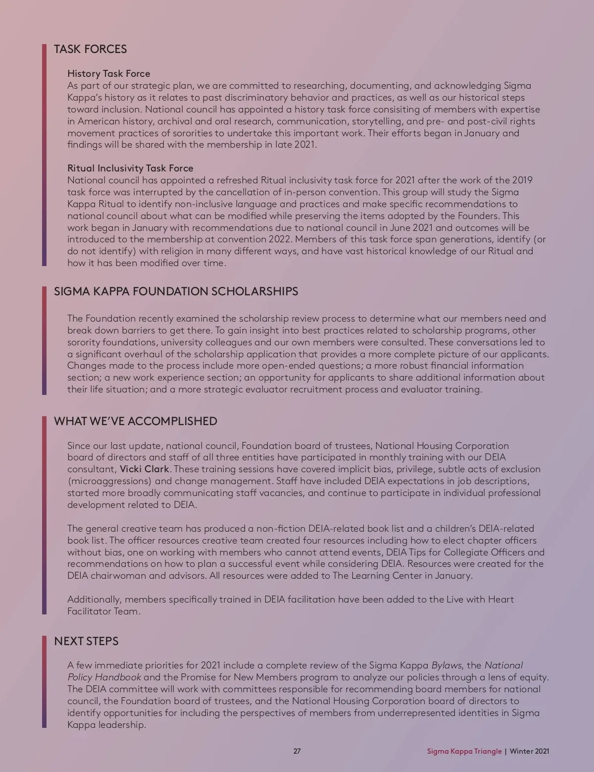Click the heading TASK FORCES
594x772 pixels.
tap(90, 49)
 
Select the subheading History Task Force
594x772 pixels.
tap(108, 74)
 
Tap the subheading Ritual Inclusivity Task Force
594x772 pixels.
tap(130, 168)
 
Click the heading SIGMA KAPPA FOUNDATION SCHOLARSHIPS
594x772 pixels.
tap(176, 291)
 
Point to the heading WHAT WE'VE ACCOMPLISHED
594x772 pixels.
tap(135, 421)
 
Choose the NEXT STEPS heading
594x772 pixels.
tap(86, 641)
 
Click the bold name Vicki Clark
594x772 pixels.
tap(145, 469)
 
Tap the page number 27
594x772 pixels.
tap(297, 751)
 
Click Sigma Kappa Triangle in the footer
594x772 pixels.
tap(464, 751)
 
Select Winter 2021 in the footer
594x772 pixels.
tap(529, 751)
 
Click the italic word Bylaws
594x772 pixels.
tap(446, 665)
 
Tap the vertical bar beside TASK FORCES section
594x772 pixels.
tap(44, 155)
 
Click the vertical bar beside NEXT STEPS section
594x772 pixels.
tap(44, 681)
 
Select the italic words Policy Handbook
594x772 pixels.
tap(104, 677)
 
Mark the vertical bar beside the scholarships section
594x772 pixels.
tap(44, 340)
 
